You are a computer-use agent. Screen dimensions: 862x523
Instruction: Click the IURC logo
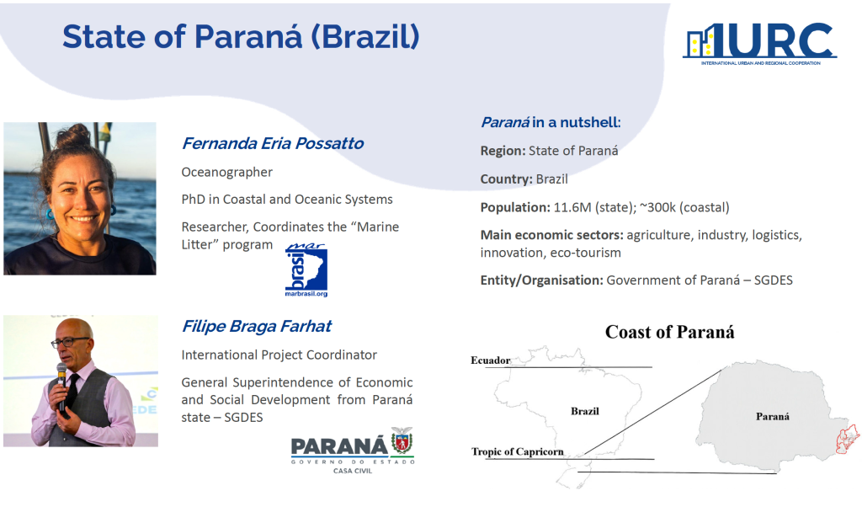760,44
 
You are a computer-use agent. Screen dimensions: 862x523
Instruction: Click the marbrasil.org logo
306,270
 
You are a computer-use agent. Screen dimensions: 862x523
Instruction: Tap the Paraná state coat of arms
402,440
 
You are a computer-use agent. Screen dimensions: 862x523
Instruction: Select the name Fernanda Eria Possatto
272,143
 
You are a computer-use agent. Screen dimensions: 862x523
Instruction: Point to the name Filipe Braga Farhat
256,326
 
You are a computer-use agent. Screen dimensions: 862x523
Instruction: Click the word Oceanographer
227,172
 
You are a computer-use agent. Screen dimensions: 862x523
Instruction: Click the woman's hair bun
74,135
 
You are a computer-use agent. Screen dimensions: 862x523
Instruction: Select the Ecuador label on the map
491,360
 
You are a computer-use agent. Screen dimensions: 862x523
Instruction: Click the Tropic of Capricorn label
518,451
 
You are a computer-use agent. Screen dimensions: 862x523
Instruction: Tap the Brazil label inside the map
585,411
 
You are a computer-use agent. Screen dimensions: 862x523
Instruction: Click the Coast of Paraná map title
669,332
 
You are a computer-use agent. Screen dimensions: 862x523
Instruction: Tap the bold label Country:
506,179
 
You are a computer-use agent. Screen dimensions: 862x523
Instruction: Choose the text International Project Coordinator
279,355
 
